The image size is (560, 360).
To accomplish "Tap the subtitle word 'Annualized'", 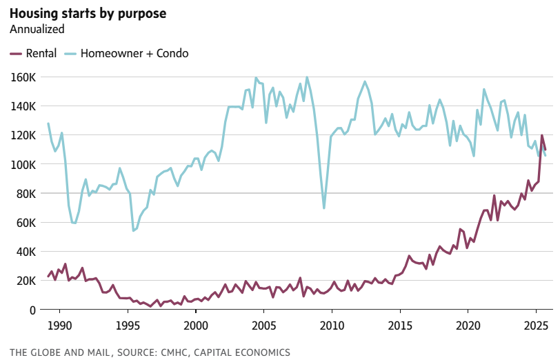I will point(37,29).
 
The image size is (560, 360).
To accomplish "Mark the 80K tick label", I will point(26,193).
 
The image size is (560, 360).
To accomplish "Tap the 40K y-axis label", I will point(26,252).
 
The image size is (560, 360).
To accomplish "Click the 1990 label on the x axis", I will point(60,325).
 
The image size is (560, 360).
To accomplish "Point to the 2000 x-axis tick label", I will point(196,325).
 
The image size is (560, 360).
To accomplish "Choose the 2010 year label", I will point(332,325).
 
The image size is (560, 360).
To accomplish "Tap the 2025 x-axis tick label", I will point(536,325).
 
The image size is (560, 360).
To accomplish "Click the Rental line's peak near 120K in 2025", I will point(541,135).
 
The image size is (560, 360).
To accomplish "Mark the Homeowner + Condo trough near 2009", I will point(324,208).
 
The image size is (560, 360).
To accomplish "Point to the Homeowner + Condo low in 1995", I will point(133,230).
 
